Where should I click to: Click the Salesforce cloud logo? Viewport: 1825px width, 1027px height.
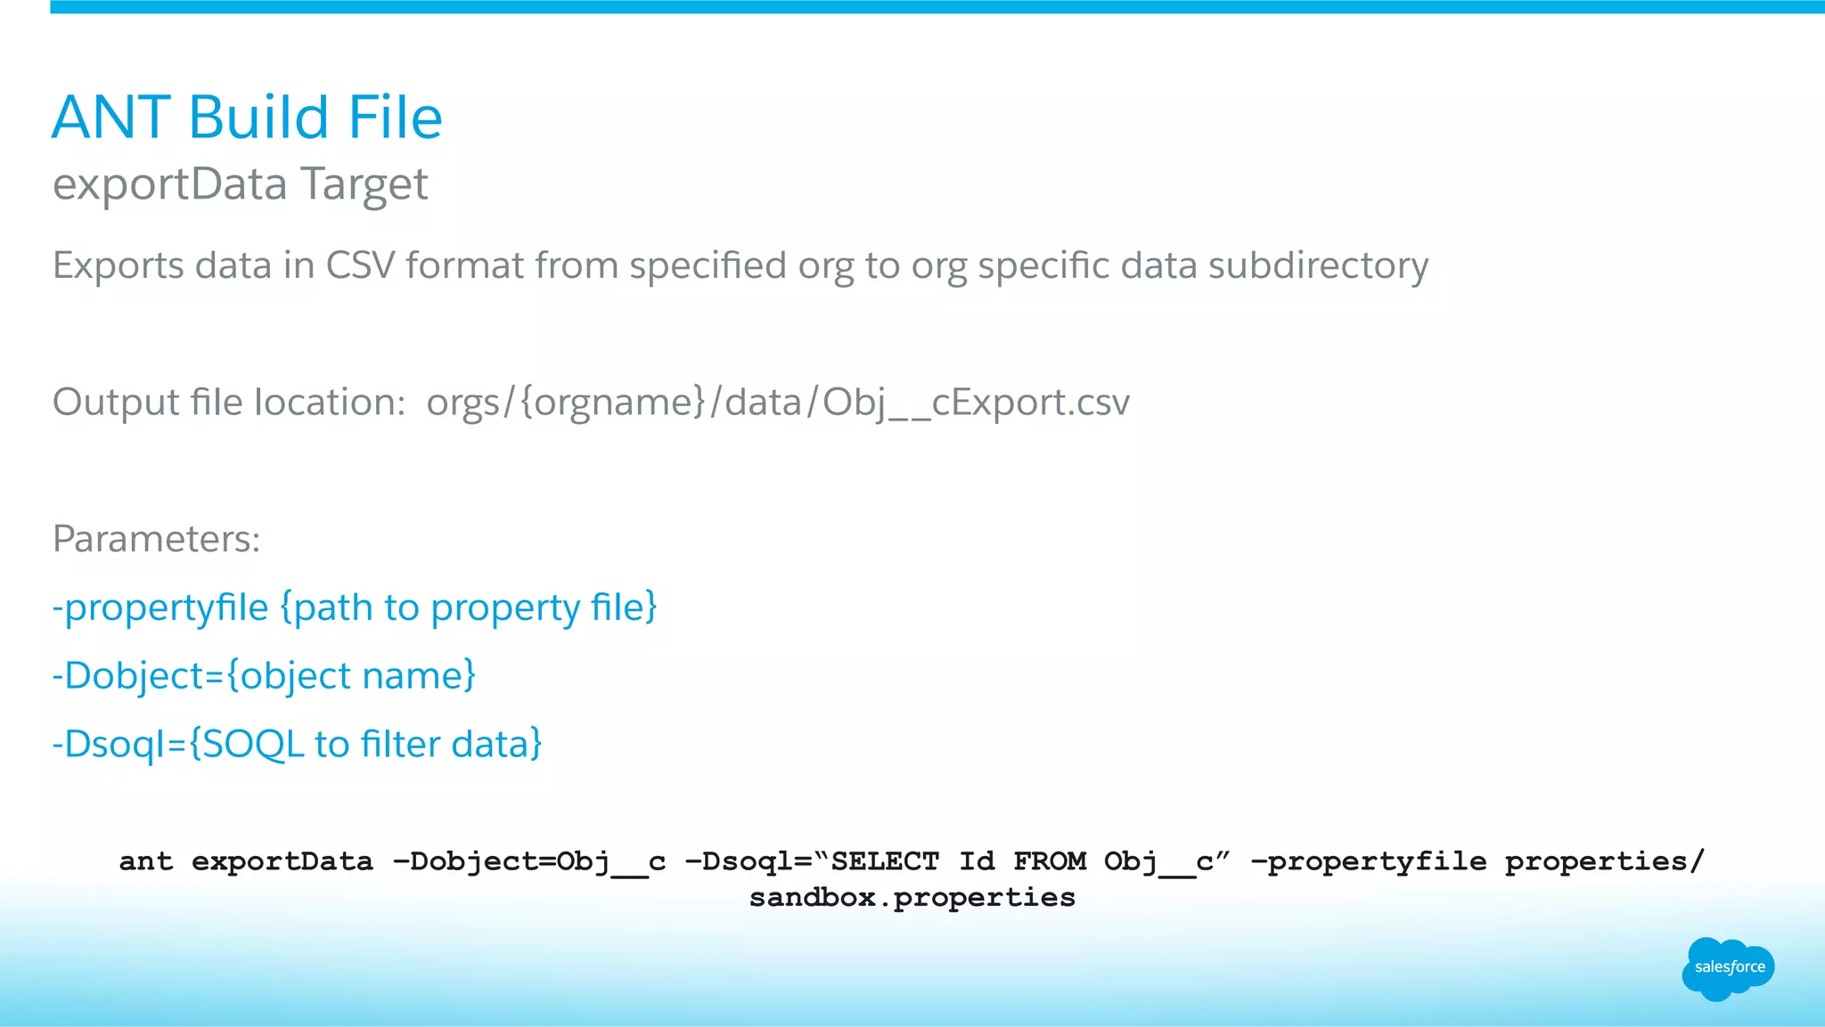pos(1728,968)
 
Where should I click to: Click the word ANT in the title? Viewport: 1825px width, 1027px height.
pos(111,118)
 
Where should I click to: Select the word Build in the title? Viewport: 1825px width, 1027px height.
pos(259,118)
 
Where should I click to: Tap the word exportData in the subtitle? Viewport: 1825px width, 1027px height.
pos(170,184)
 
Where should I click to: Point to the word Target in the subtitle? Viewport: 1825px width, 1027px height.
pos(364,184)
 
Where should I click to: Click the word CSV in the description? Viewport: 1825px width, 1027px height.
pos(360,265)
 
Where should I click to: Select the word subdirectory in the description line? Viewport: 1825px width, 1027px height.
pos(1318,265)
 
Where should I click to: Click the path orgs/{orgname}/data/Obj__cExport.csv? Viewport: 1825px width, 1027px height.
pos(778,403)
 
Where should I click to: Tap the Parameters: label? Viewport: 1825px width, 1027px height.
pos(157,539)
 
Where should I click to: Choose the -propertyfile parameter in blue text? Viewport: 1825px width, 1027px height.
pos(160,607)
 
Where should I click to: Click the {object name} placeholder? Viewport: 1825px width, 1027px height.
pos(351,676)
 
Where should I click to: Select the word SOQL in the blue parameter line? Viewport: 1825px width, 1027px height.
pos(254,745)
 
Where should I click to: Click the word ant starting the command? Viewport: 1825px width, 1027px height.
pos(146,861)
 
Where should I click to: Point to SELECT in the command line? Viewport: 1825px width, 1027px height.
pos(885,861)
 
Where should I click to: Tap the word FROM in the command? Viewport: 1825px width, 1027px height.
pos(1050,861)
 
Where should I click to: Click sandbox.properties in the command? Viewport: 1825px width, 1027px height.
pos(912,897)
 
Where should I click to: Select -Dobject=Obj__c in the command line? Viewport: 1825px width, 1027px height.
pos(529,861)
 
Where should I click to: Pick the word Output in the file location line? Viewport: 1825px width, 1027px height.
pos(115,403)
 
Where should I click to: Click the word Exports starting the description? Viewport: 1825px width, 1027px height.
pos(118,265)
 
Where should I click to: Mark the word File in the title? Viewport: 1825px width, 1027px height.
pos(395,118)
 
